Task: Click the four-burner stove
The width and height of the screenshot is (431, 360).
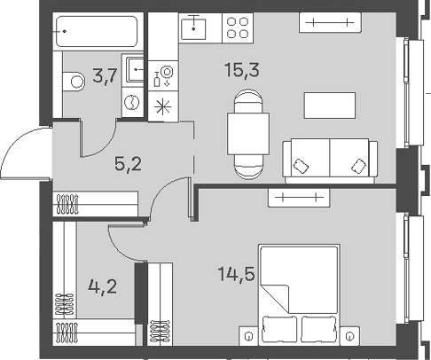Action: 237,29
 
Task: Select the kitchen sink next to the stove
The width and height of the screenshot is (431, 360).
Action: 196,28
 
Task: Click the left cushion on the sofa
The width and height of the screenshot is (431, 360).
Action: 303,165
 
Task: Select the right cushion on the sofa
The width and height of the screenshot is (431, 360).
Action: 357,165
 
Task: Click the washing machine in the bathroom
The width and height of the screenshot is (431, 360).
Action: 131,102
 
